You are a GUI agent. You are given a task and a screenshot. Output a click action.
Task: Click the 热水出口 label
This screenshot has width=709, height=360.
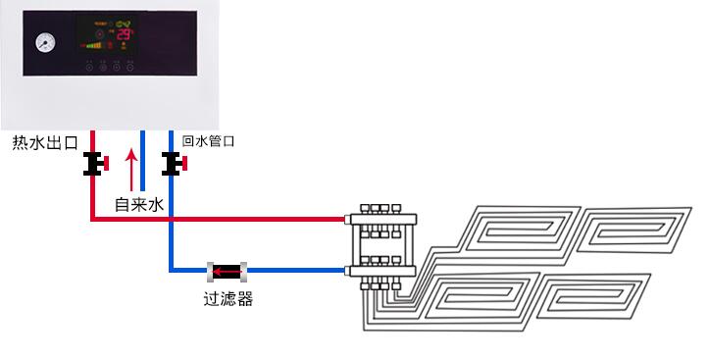[44, 143]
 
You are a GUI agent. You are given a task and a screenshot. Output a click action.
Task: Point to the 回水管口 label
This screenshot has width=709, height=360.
[208, 141]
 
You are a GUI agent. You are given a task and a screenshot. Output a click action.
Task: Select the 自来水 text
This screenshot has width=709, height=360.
[137, 204]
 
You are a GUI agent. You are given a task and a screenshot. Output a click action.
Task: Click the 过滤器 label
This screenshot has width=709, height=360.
[227, 299]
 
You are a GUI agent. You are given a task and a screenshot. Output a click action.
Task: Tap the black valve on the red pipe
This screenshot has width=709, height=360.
[95, 164]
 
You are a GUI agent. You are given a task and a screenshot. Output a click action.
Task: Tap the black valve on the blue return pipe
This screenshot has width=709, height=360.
[171, 164]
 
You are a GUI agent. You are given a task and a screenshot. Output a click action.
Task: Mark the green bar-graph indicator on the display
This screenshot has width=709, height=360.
[93, 44]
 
